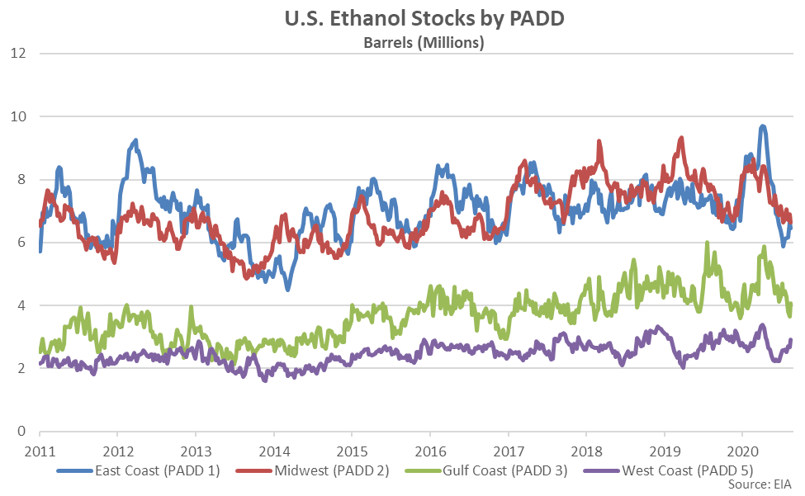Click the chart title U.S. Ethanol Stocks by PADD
(424, 19)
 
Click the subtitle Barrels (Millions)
(424, 42)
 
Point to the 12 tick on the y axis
(19, 54)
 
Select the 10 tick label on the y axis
(19, 116)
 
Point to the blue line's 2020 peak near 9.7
(762, 126)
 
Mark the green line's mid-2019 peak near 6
(707, 243)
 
